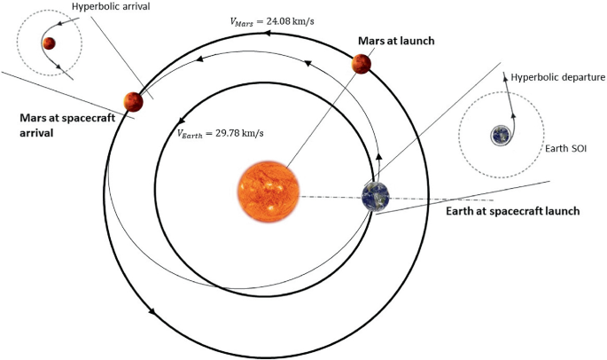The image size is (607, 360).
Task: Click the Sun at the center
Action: (x=268, y=192)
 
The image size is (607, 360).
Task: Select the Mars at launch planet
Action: (x=361, y=64)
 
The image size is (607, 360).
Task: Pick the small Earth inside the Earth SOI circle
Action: (x=502, y=135)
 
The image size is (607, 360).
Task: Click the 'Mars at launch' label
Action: (x=395, y=41)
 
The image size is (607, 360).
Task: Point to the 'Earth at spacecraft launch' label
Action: (x=511, y=211)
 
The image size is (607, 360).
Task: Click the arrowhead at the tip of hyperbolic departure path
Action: (x=507, y=78)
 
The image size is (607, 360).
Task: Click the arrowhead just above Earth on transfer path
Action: (x=379, y=156)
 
